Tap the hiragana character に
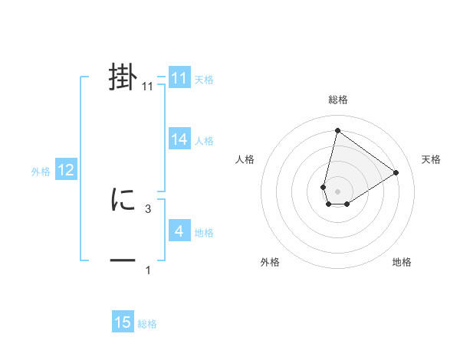[x=123, y=201]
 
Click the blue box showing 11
[x=179, y=78]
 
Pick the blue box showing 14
[x=179, y=139]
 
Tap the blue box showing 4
[x=179, y=231]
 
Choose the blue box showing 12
[x=66, y=170]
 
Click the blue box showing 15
[x=123, y=322]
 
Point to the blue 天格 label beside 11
[x=204, y=79]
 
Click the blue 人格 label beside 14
[x=204, y=140]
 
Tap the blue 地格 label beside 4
[x=204, y=232]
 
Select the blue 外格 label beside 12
[x=41, y=172]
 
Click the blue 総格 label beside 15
[x=147, y=324]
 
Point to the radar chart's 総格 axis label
[x=337, y=100]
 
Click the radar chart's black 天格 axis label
[x=432, y=159]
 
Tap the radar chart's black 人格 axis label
[x=245, y=159]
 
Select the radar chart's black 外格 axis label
[x=269, y=262]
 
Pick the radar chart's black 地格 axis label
[x=402, y=262]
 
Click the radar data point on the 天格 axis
[x=396, y=172]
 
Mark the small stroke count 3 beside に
[x=148, y=208]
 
